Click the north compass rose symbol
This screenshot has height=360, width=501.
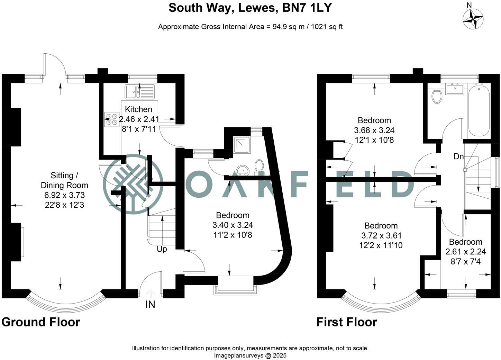(473, 19)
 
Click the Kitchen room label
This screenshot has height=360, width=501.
(138, 109)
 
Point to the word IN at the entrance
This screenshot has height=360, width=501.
(150, 305)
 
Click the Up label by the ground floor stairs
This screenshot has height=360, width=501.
(162, 249)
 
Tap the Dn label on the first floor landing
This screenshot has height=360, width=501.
(458, 156)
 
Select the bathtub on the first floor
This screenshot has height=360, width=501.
(479, 111)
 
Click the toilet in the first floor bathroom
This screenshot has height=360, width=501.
(437, 96)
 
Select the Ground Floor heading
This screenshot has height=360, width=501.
(41, 322)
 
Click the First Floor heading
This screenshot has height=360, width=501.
(347, 322)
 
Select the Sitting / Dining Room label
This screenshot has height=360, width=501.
(65, 180)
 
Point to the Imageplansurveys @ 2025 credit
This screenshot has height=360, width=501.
(250, 355)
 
